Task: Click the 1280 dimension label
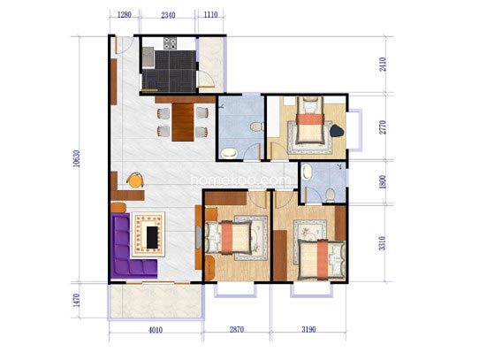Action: click(125, 15)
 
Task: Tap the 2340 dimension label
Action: click(168, 15)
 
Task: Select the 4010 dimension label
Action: click(156, 330)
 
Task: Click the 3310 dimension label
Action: click(383, 243)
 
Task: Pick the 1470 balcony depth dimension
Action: click(76, 301)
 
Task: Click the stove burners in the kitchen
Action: click(170, 43)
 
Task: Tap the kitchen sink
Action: click(148, 57)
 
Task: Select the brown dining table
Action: click(183, 122)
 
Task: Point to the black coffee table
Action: click(152, 237)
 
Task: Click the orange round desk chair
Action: click(135, 180)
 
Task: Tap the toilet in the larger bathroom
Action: click(256, 126)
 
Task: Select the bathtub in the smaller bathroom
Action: click(306, 172)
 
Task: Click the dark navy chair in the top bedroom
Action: click(337, 131)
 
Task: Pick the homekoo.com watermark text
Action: click(241, 180)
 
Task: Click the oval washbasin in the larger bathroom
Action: click(229, 153)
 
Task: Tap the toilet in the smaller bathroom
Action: click(330, 195)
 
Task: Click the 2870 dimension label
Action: click(237, 330)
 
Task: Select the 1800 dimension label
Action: click(383, 181)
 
